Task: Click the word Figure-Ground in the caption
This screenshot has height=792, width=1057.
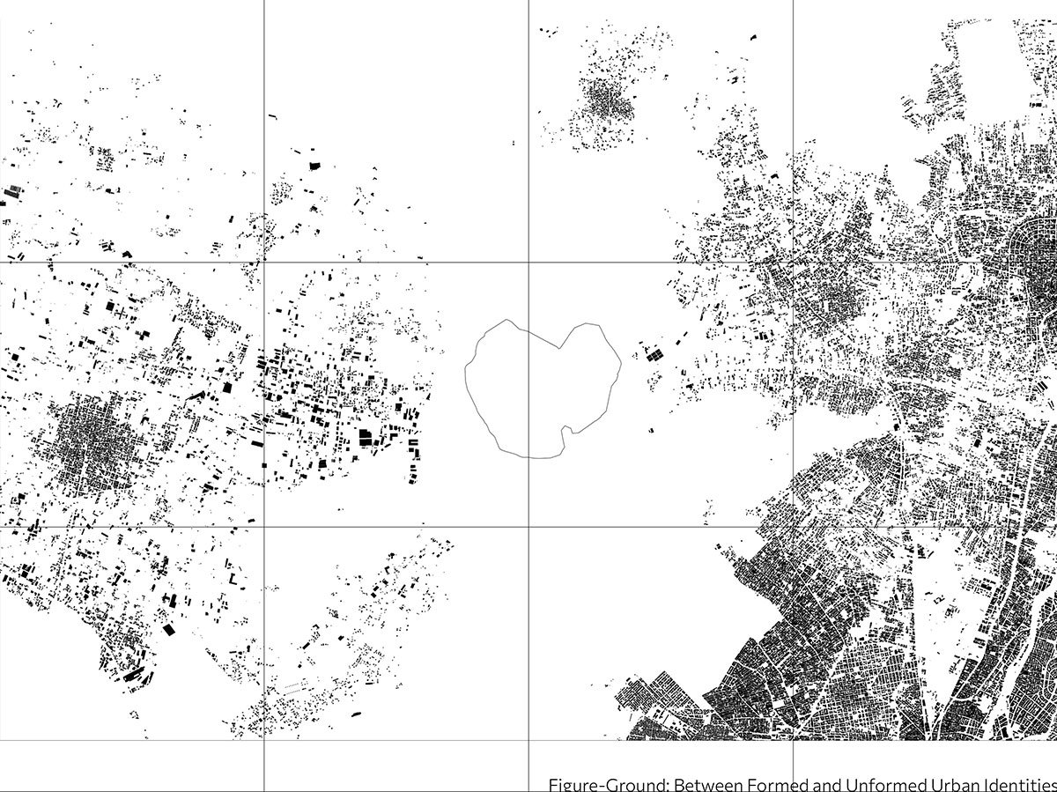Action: point(598,784)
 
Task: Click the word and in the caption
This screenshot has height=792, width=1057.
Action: point(821,784)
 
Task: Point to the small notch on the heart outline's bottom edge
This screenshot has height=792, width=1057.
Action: point(572,431)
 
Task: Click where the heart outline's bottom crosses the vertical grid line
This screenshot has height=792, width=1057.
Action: point(528,457)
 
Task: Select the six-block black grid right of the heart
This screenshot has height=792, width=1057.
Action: point(653,355)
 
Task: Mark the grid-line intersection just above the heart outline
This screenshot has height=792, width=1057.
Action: point(528,262)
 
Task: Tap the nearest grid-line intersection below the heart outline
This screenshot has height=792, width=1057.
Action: point(528,527)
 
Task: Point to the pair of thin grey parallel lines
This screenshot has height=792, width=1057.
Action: point(292,685)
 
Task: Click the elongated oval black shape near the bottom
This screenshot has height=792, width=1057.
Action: point(357,714)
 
